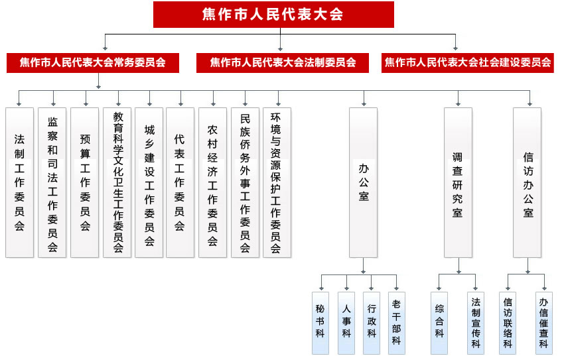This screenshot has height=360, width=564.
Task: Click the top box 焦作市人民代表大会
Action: coord(273,15)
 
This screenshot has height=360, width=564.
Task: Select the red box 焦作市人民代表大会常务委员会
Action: coord(93,63)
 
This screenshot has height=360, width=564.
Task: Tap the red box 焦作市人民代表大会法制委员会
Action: coord(283,63)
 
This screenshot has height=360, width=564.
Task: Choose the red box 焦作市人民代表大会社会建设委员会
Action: coord(468,63)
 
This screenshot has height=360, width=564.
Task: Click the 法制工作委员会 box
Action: coord(19,182)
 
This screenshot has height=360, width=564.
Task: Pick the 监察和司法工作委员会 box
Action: coord(52,182)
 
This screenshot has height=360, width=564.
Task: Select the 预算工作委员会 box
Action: coord(84,182)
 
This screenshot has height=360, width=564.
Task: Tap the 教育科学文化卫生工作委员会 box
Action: coord(117,182)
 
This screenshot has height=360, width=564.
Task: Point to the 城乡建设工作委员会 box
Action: coord(149,182)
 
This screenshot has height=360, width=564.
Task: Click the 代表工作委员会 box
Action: coord(180,182)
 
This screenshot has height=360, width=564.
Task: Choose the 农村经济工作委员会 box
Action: coord(212,182)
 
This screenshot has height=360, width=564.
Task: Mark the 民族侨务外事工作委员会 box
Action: coord(245,182)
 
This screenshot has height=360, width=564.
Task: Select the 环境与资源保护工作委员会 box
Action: coord(277,182)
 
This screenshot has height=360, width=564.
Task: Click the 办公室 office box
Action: coord(364,182)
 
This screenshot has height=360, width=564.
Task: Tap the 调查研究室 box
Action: coord(458,182)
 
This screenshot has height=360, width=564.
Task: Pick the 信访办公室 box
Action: coord(528,182)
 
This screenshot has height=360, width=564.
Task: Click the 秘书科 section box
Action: coord(320,323)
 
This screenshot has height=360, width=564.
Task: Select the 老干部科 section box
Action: coord(397,323)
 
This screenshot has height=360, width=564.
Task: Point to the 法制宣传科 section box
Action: coord(476,323)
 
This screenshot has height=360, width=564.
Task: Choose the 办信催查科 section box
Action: coord(544,323)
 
